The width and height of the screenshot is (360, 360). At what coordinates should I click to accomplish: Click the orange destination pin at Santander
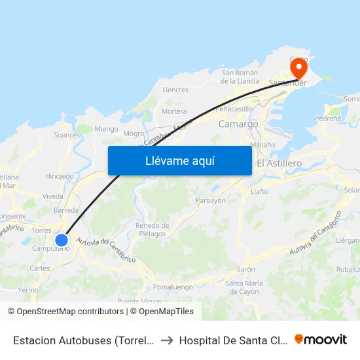point(298,67)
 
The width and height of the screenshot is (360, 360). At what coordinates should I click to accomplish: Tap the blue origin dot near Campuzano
point(62,240)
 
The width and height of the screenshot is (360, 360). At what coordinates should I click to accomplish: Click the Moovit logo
point(321,340)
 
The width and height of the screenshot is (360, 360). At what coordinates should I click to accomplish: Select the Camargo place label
point(238,124)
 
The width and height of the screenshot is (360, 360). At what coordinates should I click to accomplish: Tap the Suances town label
point(67,135)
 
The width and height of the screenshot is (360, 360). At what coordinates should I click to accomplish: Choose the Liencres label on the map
point(175,90)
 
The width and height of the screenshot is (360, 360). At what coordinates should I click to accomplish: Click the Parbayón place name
point(211,200)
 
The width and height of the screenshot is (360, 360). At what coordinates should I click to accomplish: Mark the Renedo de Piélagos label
point(152,229)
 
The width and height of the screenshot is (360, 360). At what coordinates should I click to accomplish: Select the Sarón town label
point(246,269)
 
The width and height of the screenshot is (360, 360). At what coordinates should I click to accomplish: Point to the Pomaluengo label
point(173,287)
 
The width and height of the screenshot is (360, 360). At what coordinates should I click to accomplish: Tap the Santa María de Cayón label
point(244,287)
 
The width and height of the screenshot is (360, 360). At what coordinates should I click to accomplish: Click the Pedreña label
point(327,119)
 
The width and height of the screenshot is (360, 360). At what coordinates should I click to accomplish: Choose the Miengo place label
point(106,130)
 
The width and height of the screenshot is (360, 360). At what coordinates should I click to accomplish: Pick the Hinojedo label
point(60,176)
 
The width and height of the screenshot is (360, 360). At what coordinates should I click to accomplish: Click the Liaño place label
point(260,192)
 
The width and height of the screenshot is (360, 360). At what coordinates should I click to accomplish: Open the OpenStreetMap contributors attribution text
point(68,312)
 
